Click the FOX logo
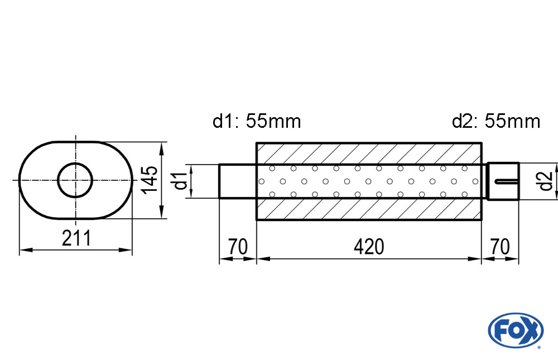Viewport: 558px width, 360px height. pos(516,330)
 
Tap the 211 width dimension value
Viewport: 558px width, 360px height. pos(76,238)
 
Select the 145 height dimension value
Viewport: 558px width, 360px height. pos(150,180)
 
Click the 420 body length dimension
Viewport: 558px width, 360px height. pos(369,246)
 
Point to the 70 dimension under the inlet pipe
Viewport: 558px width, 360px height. pos(238,246)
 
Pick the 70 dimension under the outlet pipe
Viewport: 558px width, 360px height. pos(500,246)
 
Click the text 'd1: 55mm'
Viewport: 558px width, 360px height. pos(257,121)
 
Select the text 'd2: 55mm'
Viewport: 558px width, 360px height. pos(496,121)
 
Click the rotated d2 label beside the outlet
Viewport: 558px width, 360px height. pos(545,181)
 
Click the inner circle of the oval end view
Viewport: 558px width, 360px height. pos(75,180)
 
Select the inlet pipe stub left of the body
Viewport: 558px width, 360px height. pos(238,181)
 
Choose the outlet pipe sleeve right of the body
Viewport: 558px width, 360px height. pos(503,181)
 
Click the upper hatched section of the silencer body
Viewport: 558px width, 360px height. pos(369,154)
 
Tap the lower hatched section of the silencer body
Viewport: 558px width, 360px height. pos(369,209)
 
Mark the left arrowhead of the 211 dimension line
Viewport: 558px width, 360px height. pos(26,251)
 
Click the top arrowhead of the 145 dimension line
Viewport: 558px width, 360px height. pos(162,148)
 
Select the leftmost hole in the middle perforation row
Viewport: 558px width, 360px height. pos(262,181)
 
